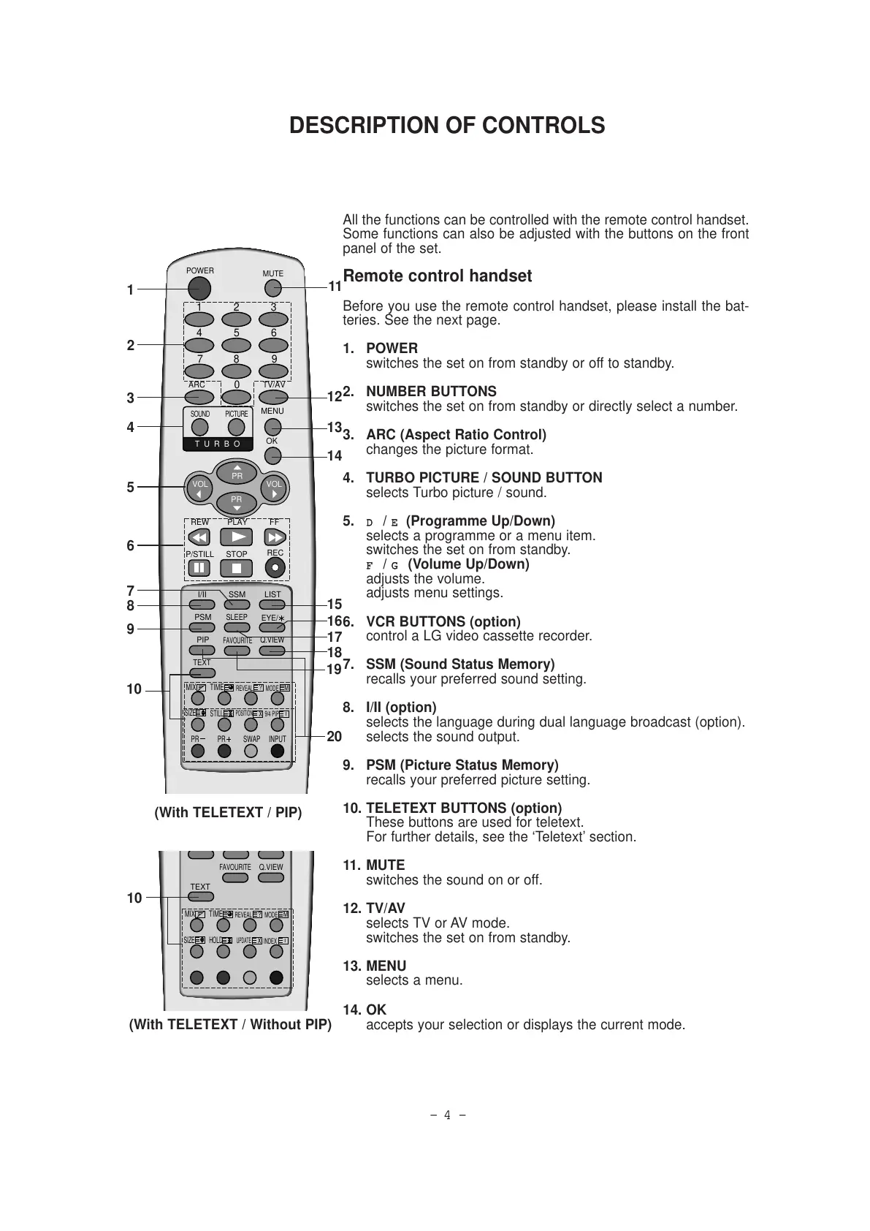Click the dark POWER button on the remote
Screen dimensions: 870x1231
(200, 286)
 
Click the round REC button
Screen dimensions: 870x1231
(275, 567)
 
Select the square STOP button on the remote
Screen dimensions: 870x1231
(236, 568)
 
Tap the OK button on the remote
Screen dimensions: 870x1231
(272, 455)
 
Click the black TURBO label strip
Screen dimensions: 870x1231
(217, 444)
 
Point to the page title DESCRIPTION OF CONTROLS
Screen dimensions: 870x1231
(447, 126)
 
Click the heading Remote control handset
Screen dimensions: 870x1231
(437, 276)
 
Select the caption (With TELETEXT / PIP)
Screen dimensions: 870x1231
(228, 812)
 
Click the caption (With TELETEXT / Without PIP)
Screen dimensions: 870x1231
(230, 1024)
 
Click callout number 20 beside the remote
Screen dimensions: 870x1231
(334, 737)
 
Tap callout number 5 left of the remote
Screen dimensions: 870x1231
(131, 487)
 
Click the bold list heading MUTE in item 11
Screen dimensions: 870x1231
(385, 866)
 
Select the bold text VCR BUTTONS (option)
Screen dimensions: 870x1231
(443, 622)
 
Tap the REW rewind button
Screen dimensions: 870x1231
(199, 537)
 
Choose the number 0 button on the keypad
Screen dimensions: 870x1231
(235, 397)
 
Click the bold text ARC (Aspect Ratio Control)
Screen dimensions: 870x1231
(456, 435)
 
